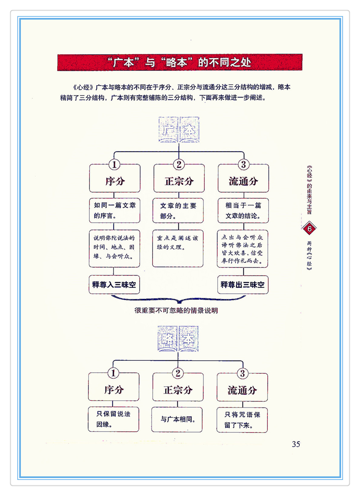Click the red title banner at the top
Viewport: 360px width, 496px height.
tap(180, 62)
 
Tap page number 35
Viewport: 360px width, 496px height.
tap(296, 444)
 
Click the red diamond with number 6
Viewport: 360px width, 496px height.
tap(309, 229)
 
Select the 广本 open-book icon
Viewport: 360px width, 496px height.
tap(179, 130)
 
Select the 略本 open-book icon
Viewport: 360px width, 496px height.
tap(178, 339)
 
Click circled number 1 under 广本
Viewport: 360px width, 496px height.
tap(114, 165)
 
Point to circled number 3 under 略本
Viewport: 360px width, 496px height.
tap(242, 374)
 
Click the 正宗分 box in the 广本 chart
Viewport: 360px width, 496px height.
tap(179, 181)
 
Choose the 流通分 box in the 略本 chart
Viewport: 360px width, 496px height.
tap(242, 390)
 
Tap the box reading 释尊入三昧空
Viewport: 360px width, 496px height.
tap(114, 285)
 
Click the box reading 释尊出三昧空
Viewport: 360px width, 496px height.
tap(243, 285)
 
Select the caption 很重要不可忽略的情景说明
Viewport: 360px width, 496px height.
tap(176, 310)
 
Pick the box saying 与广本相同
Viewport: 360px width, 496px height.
tap(177, 419)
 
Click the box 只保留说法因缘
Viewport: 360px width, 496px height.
tap(113, 419)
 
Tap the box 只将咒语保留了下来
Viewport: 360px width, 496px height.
tap(242, 420)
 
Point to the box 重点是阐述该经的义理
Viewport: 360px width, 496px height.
tap(178, 248)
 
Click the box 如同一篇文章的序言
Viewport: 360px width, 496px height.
tap(115, 210)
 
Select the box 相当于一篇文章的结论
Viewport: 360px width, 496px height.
tap(243, 210)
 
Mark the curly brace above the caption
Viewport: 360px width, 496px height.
tap(179, 300)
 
